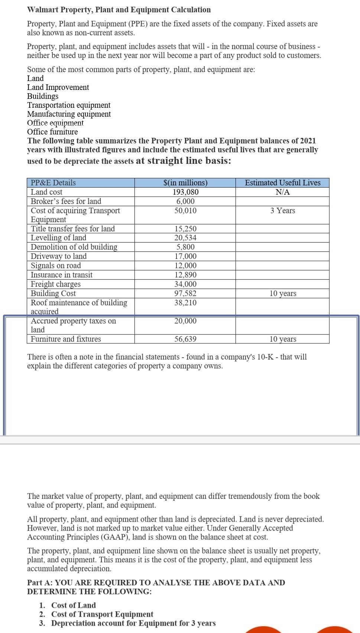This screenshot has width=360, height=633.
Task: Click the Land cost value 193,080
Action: [185, 192]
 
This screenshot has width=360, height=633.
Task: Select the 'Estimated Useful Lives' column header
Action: [282, 183]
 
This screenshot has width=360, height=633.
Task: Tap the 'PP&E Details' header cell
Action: [53, 183]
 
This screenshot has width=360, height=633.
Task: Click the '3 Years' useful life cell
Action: [282, 211]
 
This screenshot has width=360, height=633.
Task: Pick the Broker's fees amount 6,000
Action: [185, 201]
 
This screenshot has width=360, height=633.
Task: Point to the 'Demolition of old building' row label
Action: [74, 247]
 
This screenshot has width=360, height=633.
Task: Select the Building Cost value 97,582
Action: [185, 293]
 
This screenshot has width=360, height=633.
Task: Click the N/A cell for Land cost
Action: [282, 192]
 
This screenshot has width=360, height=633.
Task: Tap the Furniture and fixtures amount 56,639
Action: [185, 339]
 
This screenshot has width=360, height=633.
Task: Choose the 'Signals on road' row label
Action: [56, 266]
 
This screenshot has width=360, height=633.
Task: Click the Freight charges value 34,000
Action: [185, 284]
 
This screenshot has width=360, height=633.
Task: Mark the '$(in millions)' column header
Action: [185, 183]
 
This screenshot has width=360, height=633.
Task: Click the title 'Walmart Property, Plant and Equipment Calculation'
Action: [119, 10]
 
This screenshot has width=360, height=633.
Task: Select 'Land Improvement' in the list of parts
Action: [58, 87]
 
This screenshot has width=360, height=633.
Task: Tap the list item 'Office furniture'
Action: [52, 132]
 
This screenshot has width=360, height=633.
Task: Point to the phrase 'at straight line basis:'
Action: [184, 161]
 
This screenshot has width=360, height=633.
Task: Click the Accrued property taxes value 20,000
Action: [185, 321]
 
